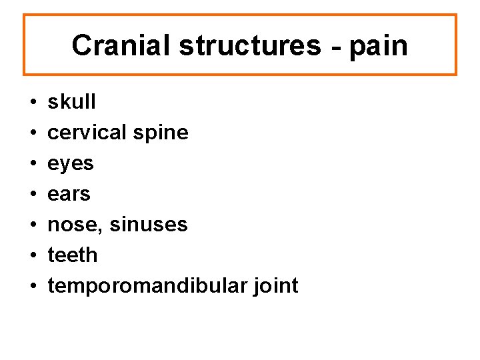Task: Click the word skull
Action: pyautogui.click(x=72, y=102)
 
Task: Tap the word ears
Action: pyautogui.click(x=69, y=194)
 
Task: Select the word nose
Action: pyautogui.click(x=75, y=225)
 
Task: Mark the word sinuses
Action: pyautogui.click(x=148, y=225)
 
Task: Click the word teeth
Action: pyautogui.click(x=73, y=255)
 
